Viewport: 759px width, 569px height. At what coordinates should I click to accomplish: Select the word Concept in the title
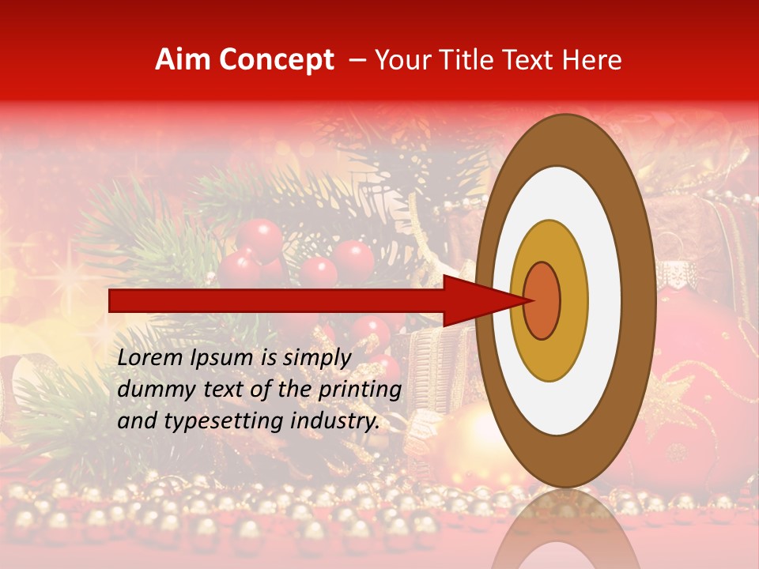pyautogui.click(x=275, y=60)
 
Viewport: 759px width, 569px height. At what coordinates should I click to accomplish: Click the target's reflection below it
pyautogui.click(x=565, y=529)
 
